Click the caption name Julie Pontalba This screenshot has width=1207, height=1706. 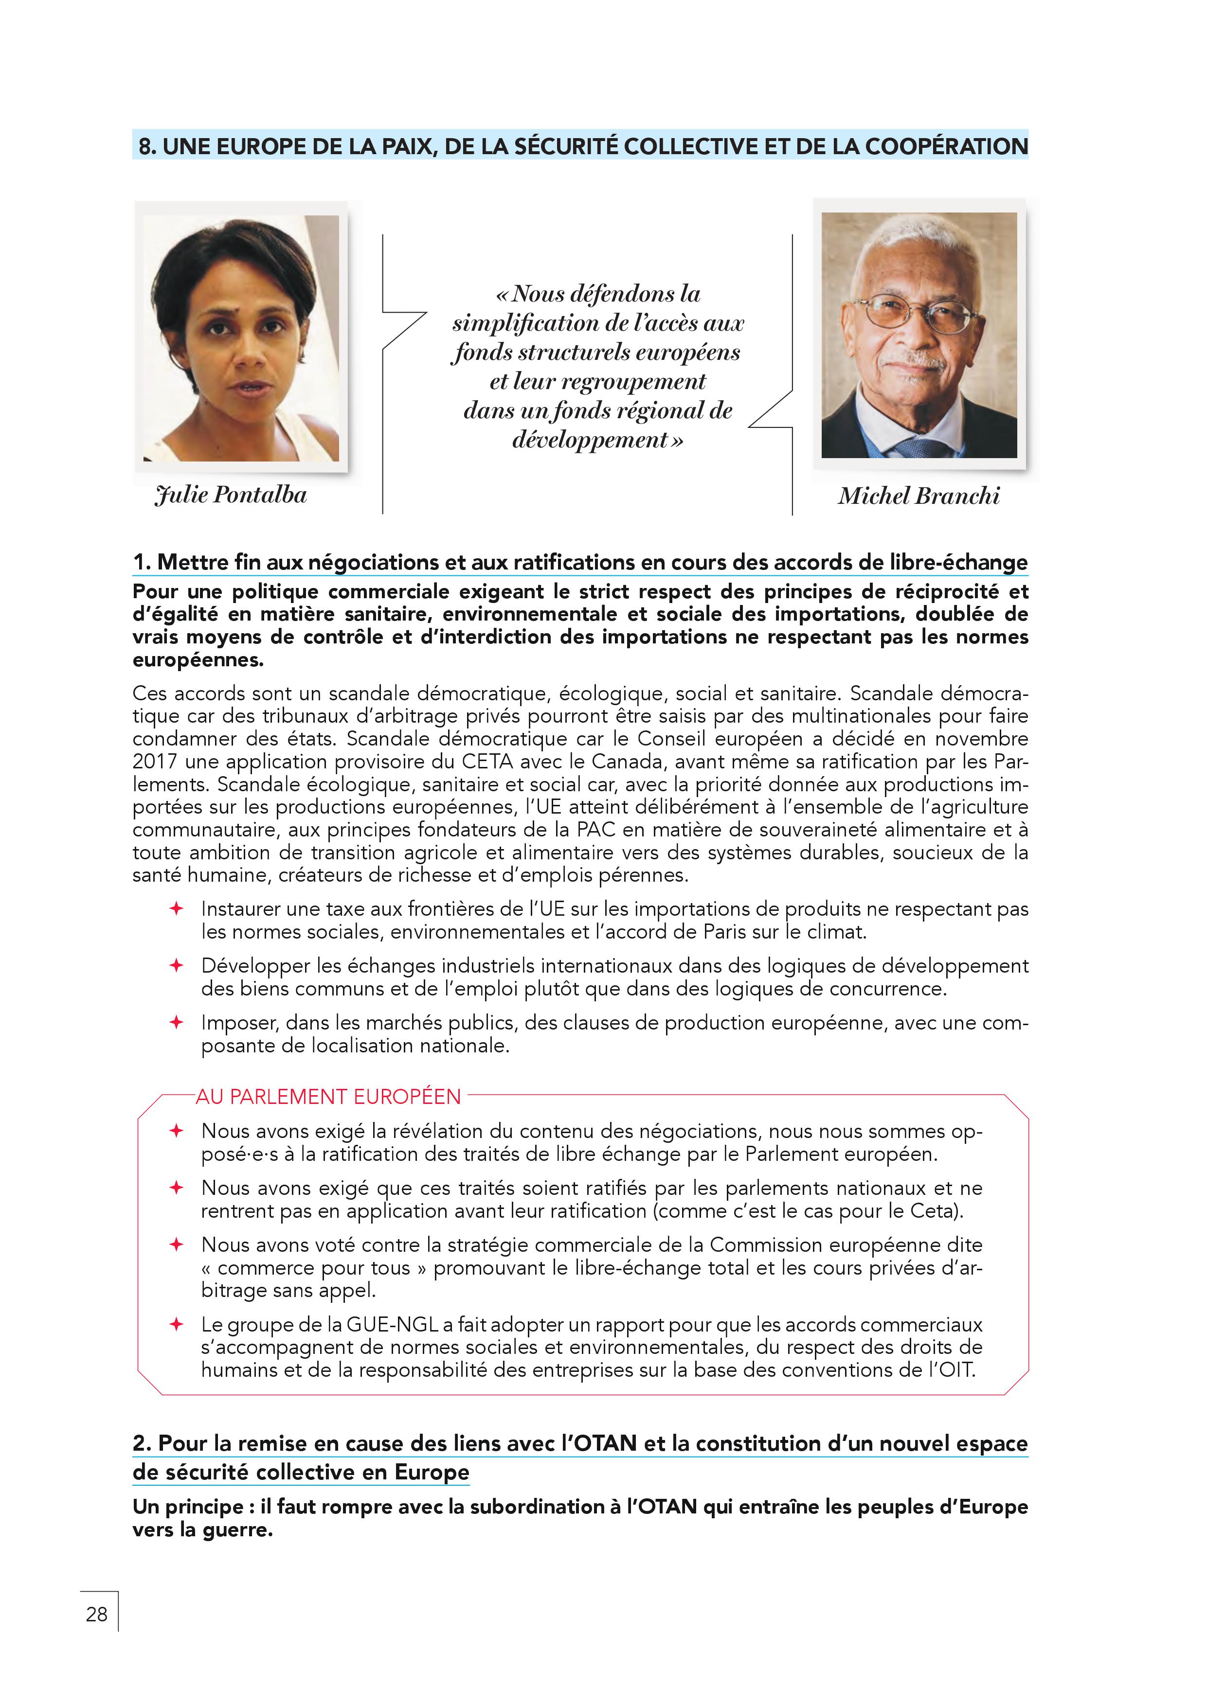coord(231,495)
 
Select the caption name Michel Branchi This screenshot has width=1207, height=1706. coord(919,496)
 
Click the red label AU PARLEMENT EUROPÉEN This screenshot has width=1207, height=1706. coord(328,1097)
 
